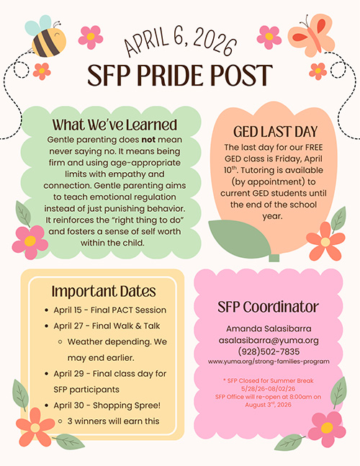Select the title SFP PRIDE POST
coord(180,75)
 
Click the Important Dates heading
coord(104,291)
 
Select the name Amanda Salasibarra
coord(268,328)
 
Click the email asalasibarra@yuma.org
coord(268,340)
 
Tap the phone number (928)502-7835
coord(268,351)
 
